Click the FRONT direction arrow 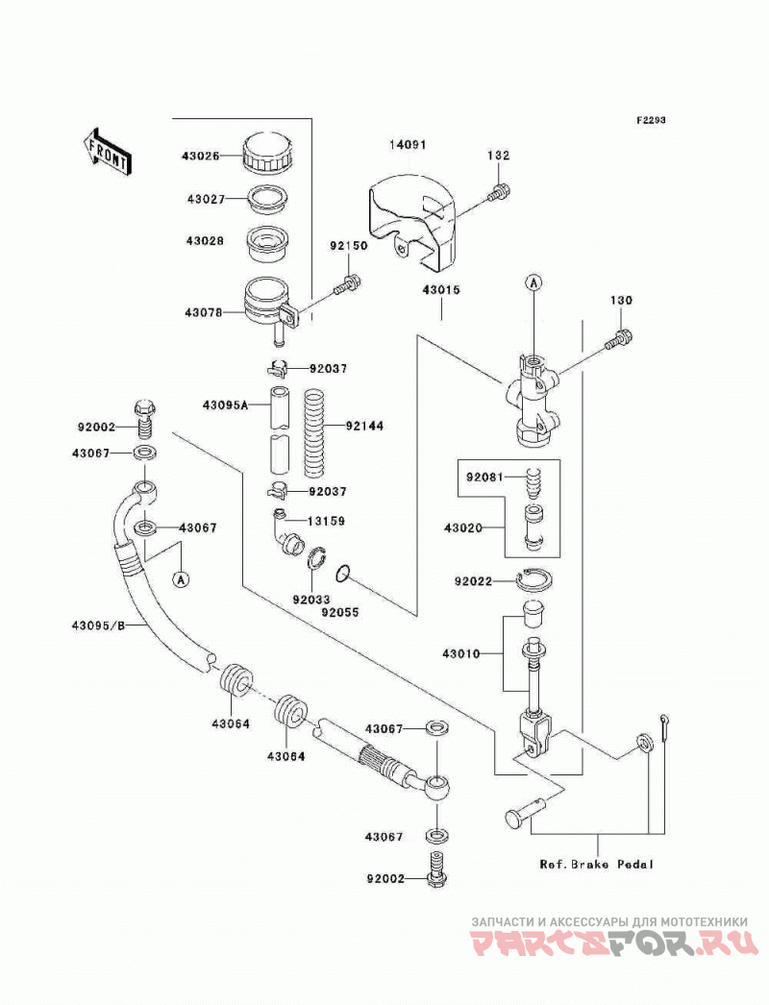click(107, 151)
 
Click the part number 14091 click(408, 145)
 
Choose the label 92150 click(349, 245)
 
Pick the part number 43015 click(441, 290)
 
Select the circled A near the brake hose click(182, 579)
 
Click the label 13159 click(326, 521)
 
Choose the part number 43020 click(463, 528)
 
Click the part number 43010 click(460, 653)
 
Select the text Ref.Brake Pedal click(597, 864)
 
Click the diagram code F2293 click(651, 120)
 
